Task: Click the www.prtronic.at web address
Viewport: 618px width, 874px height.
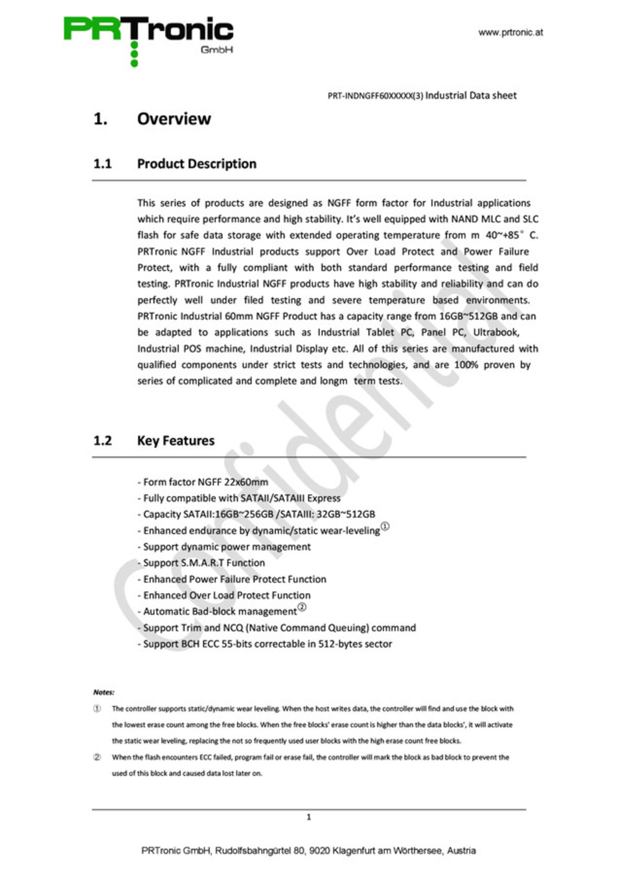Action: click(510, 32)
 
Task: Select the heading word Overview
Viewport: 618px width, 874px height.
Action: click(174, 119)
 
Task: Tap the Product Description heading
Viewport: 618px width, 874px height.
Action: click(196, 164)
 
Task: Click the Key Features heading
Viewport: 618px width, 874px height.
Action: click(176, 441)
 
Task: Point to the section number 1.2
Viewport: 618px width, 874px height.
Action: click(102, 441)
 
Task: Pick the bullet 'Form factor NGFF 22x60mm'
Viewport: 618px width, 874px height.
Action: click(203, 482)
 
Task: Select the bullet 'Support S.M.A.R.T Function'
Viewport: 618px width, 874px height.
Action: click(201, 563)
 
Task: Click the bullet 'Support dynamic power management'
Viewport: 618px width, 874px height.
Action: click(224, 547)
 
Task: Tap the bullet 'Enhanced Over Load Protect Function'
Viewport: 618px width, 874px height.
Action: click(224, 596)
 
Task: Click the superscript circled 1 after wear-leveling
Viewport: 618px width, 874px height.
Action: click(385, 527)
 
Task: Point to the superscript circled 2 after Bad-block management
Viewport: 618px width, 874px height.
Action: click(302, 608)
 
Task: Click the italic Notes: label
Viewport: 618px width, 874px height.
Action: click(104, 692)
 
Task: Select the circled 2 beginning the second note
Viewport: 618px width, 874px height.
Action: click(97, 757)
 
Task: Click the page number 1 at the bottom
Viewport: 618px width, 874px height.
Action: click(308, 817)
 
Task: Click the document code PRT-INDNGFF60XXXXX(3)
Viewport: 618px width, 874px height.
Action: click(375, 96)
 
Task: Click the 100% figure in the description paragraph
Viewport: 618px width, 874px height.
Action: click(466, 365)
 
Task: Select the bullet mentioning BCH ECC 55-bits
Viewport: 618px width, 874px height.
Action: click(265, 644)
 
